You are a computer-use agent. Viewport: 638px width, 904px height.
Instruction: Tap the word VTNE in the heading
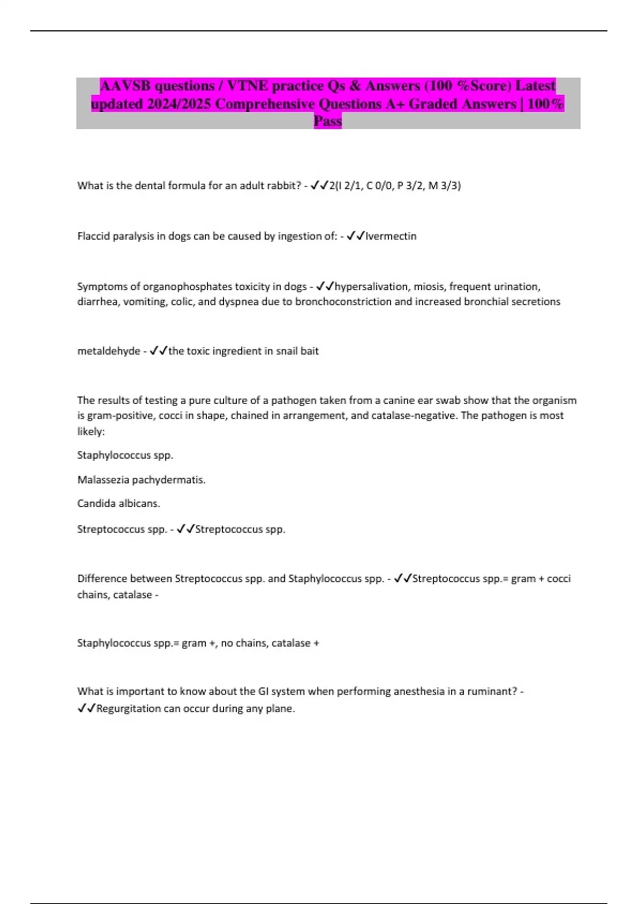248,86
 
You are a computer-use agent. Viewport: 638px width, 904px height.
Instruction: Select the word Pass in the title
328,121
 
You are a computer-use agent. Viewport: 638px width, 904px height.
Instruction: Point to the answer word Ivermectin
391,236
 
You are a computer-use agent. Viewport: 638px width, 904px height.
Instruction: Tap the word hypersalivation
371,287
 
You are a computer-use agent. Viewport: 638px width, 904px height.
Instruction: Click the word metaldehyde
108,351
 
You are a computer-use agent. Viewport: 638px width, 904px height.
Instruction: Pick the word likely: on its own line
91,431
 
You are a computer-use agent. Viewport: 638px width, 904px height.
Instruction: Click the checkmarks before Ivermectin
355,236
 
